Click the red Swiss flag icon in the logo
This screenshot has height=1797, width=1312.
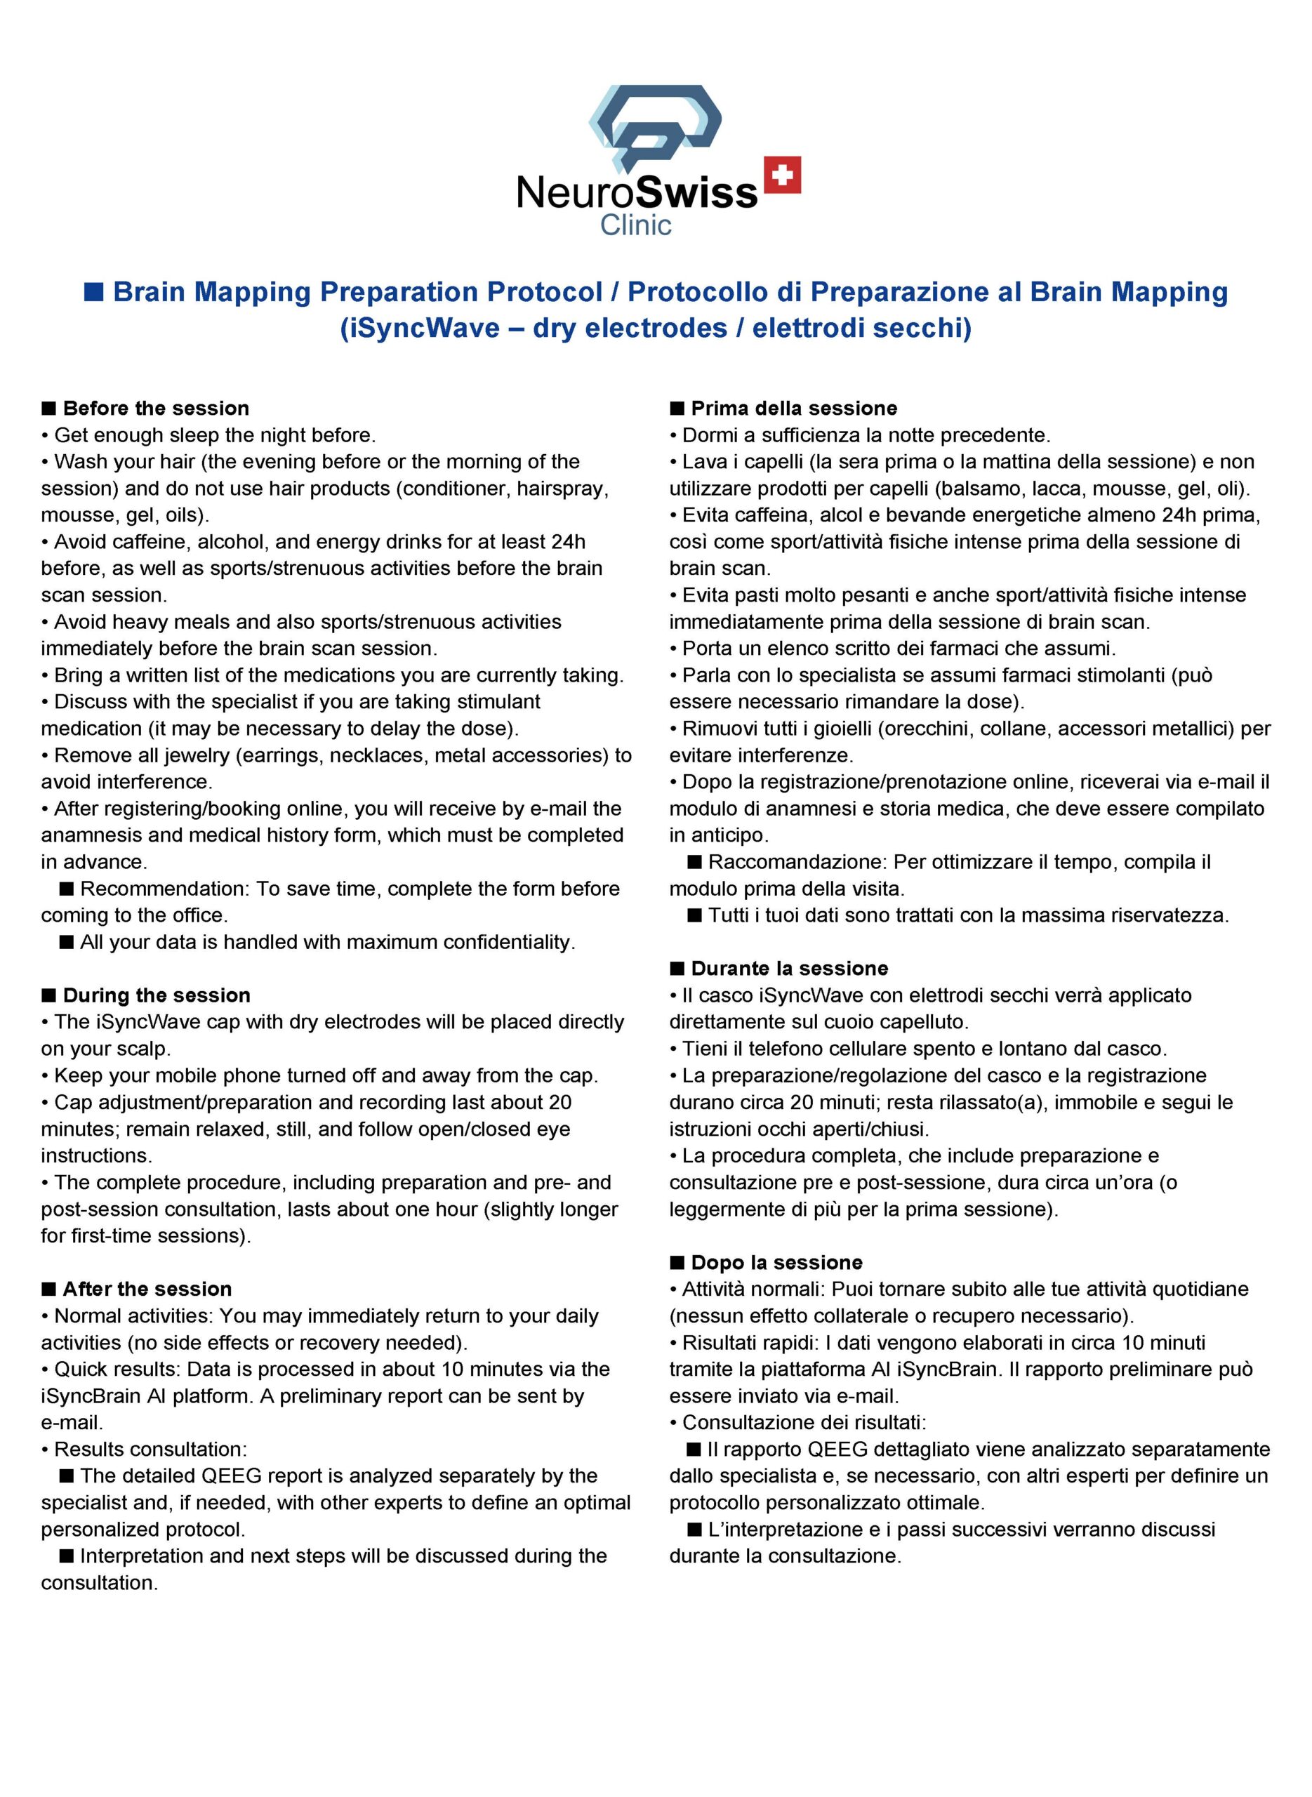pos(781,175)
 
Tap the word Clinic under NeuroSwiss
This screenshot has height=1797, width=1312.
pos(635,225)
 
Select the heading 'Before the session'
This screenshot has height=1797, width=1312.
pos(156,408)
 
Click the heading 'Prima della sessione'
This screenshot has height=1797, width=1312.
pos(793,408)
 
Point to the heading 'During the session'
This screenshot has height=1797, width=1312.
pos(157,995)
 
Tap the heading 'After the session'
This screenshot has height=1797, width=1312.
pos(147,1289)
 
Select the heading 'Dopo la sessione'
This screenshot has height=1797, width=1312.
pos(776,1263)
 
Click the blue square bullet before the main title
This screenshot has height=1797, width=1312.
pos(94,292)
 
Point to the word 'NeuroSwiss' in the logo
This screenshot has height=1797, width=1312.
pos(637,192)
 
